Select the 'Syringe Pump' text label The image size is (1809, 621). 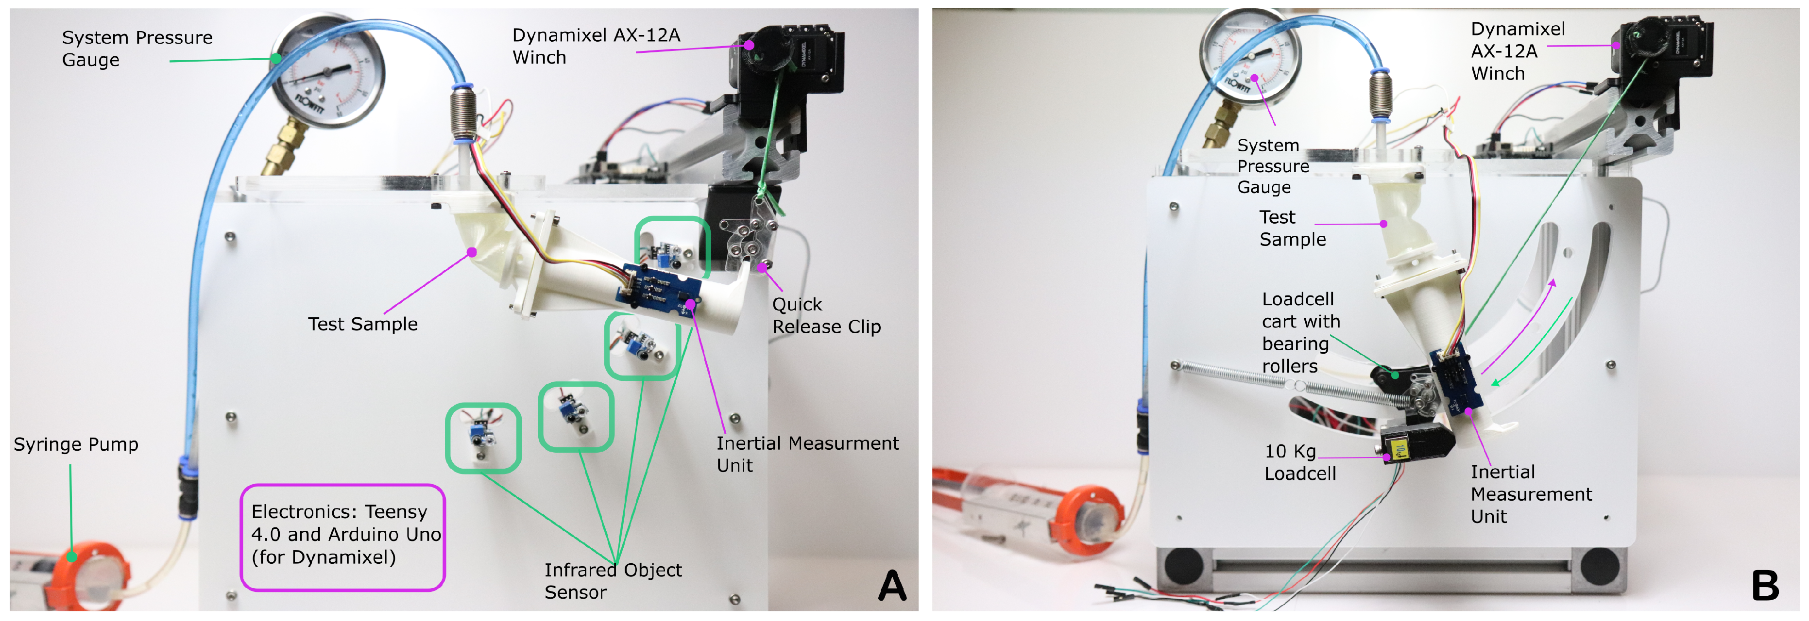(x=76, y=444)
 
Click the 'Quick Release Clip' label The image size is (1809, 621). (x=826, y=315)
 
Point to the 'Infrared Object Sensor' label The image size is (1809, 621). (x=613, y=580)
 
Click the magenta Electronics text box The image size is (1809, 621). (x=342, y=537)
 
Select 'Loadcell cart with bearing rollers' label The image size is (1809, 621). (x=1300, y=332)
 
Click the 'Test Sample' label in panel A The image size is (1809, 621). (x=362, y=324)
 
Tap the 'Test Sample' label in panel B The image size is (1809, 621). (x=1292, y=228)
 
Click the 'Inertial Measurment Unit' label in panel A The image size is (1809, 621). (x=806, y=454)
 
